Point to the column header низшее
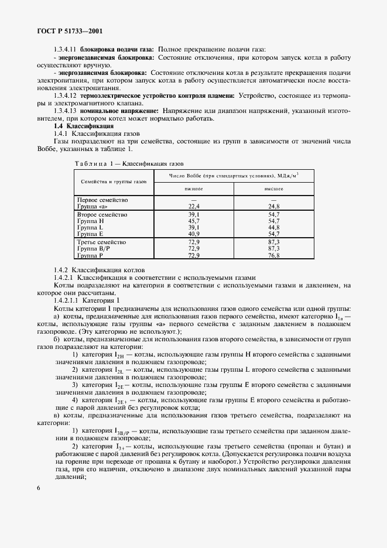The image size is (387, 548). [193, 189]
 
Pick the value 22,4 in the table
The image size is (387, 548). [194, 207]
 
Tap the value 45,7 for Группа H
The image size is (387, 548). [194, 222]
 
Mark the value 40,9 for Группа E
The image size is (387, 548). [194, 234]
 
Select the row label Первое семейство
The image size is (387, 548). [103, 200]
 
